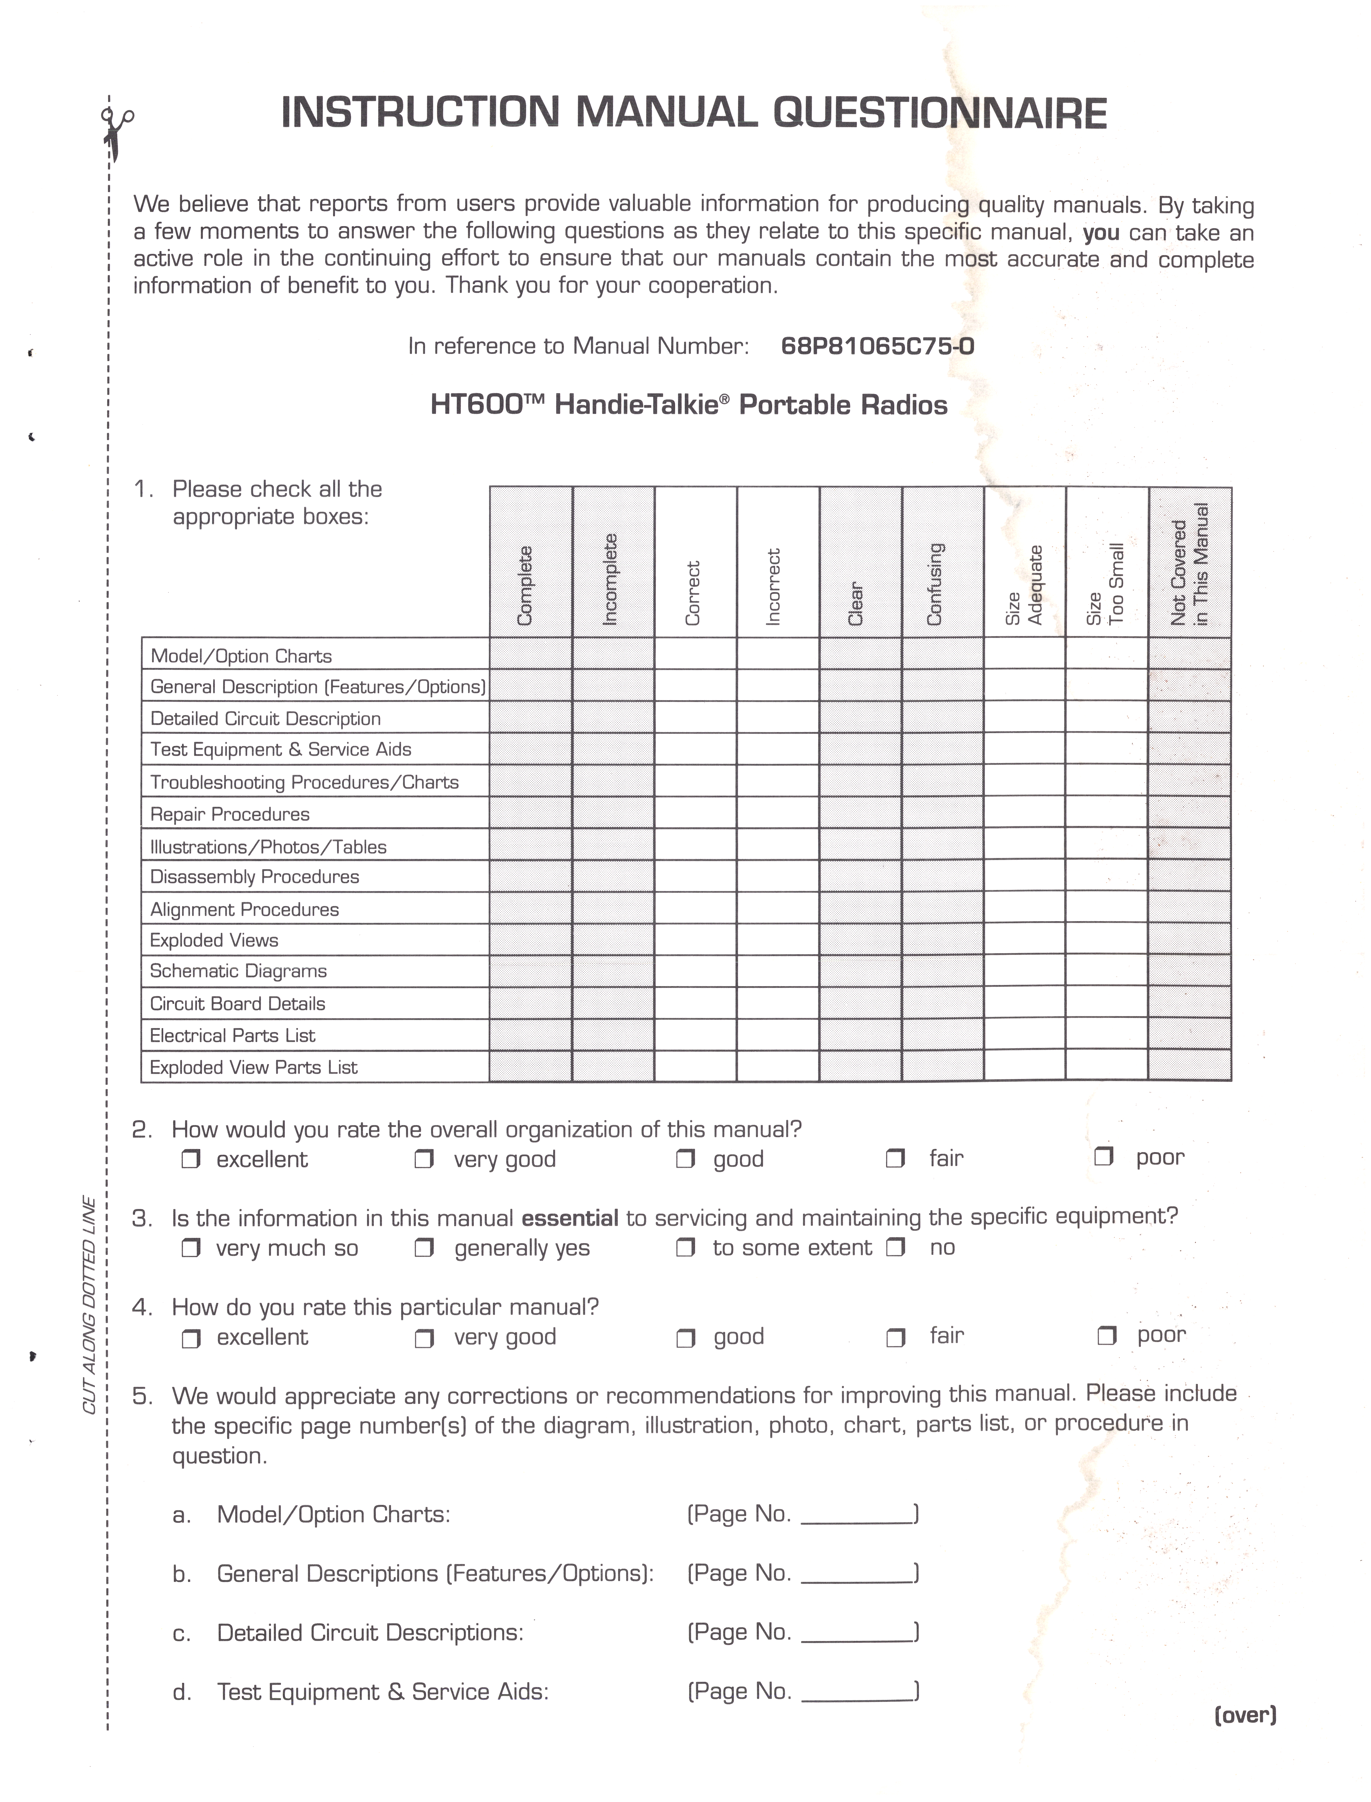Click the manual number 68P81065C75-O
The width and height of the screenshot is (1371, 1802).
click(x=877, y=346)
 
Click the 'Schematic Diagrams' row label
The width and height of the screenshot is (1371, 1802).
click(x=238, y=971)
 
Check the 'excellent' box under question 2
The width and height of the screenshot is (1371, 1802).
click(x=191, y=1159)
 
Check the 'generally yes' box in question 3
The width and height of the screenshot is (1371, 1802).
click(x=424, y=1248)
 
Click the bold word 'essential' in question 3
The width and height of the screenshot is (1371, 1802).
click(x=570, y=1219)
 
